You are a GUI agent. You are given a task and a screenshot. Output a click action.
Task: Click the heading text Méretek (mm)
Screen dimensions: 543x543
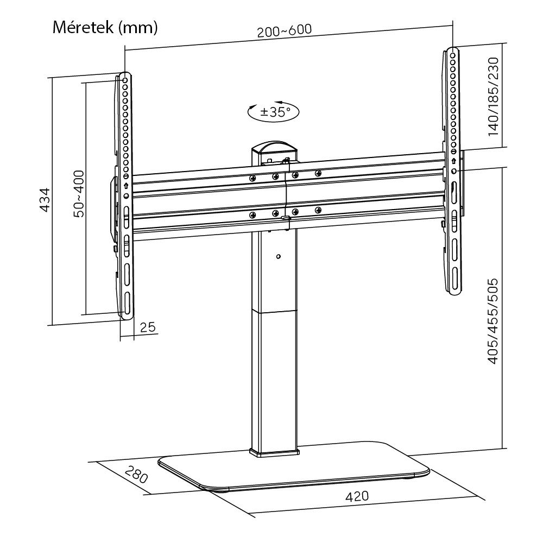coord(105,28)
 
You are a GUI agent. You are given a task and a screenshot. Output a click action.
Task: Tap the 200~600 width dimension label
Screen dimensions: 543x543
coord(285,31)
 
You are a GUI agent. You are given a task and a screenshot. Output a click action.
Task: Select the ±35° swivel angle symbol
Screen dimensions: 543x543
coord(274,112)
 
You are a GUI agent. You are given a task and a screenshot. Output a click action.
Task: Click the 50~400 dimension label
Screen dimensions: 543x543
coord(79,194)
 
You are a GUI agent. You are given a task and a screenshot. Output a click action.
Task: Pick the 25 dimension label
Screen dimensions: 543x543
coord(148,327)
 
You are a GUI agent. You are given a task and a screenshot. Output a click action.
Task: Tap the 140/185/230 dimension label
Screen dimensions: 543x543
coord(494,97)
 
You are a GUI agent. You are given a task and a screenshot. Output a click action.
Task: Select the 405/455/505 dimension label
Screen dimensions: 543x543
coord(494,321)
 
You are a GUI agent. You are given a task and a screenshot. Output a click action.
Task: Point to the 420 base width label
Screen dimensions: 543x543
coord(357,496)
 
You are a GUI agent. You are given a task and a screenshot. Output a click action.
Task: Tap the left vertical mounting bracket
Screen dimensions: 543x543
coord(125,195)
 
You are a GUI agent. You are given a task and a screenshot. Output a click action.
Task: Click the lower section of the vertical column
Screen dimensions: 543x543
coord(275,380)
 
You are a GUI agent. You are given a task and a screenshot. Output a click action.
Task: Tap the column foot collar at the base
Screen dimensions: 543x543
coord(275,451)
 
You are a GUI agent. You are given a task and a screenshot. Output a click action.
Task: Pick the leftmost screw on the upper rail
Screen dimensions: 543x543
coord(252,178)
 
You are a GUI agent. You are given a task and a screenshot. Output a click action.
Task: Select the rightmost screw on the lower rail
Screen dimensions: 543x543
coord(318,210)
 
